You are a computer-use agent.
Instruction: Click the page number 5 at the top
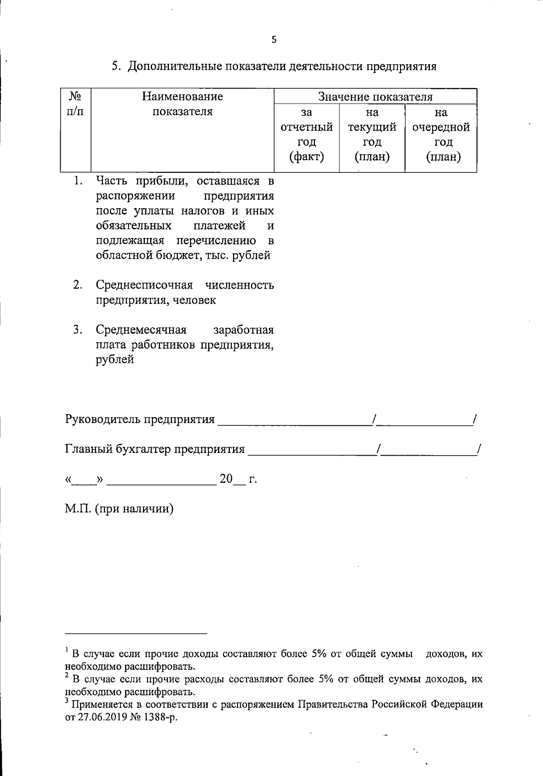click(x=274, y=40)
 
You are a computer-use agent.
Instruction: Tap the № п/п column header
click(x=76, y=104)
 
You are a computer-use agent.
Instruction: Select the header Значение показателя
click(x=375, y=97)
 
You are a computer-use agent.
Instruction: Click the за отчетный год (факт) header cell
click(x=306, y=134)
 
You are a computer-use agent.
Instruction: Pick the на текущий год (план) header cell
click(x=372, y=134)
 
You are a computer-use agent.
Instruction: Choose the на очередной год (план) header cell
click(x=441, y=134)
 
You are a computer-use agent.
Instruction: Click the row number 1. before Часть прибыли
click(x=78, y=181)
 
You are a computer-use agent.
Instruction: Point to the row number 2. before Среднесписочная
click(x=78, y=285)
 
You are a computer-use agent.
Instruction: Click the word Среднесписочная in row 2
click(x=144, y=285)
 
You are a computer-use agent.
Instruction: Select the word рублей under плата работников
click(x=115, y=360)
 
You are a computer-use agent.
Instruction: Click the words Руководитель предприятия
click(x=140, y=419)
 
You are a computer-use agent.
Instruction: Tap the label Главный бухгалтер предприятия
click(x=155, y=449)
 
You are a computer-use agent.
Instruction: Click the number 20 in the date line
click(x=226, y=479)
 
